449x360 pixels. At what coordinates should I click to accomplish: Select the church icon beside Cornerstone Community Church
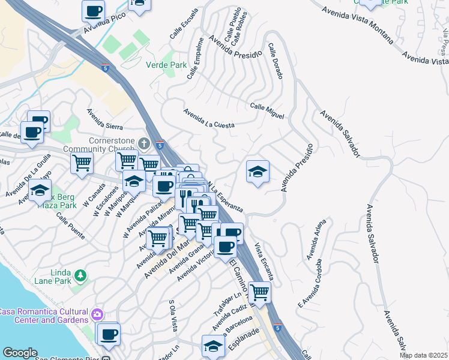(143, 143)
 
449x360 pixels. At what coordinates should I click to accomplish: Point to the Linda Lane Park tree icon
(80, 276)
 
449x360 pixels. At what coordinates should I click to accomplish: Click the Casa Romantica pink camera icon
(97, 314)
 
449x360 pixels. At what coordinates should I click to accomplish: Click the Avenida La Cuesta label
(208, 118)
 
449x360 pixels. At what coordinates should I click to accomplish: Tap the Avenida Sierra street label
(104, 119)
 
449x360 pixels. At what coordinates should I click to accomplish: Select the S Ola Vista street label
(173, 316)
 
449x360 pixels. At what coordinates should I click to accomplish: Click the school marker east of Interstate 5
(258, 172)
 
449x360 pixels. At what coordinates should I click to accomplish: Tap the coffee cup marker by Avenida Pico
(94, 10)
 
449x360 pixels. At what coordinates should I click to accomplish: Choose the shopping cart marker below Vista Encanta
(259, 293)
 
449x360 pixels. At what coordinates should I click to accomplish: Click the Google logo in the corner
(20, 353)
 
